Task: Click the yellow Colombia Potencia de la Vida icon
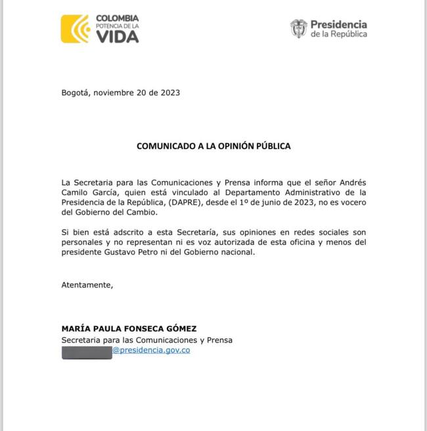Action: [75, 29]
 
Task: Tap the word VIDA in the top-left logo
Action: [118, 37]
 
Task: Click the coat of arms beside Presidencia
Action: [298, 28]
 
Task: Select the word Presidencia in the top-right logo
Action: [339, 25]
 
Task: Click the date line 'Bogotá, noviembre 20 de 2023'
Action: [120, 93]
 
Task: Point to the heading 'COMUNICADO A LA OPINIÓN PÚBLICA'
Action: [213, 146]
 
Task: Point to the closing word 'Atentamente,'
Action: [87, 285]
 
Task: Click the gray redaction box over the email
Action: [87, 352]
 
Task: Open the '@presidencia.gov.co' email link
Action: [151, 351]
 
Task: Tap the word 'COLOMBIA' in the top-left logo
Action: [118, 18]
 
